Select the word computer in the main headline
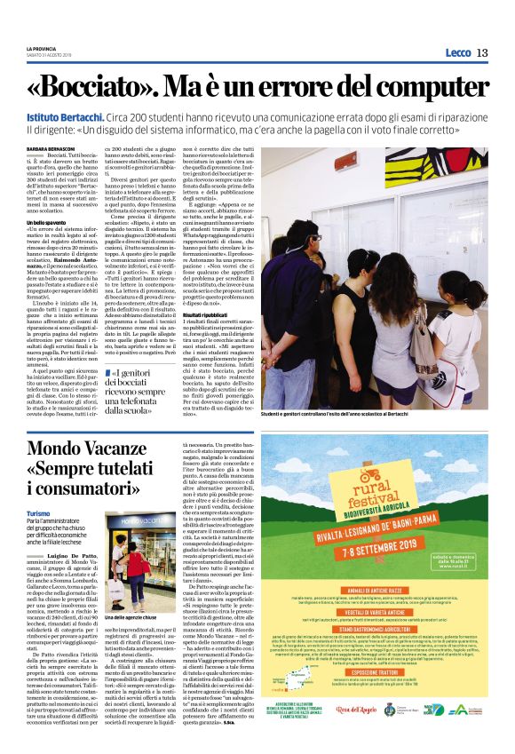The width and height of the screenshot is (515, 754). click(421, 90)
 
